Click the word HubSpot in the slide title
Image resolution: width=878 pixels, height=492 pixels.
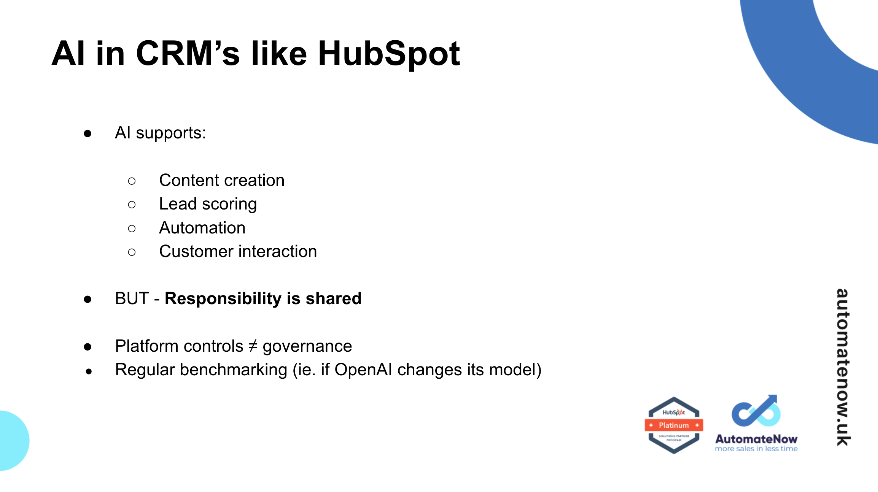coord(389,54)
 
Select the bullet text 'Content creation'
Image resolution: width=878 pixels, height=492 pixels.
coord(222,180)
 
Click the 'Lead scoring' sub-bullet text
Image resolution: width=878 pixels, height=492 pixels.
coord(208,204)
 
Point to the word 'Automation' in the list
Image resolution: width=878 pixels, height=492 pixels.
coord(202,228)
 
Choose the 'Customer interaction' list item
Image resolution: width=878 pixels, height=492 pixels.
coord(238,252)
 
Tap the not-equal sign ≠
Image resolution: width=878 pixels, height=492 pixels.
coord(253,346)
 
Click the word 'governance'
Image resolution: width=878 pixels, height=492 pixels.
coord(307,346)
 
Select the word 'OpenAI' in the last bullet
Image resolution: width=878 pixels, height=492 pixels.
coord(363,370)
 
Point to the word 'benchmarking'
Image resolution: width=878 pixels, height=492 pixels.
coord(234,370)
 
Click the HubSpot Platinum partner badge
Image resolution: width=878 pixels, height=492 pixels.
coord(674,425)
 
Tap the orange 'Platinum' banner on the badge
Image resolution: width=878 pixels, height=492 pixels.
coord(674,425)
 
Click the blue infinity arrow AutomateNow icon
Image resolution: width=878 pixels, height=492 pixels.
coord(756,412)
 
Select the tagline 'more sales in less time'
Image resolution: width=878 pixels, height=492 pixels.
coord(756,449)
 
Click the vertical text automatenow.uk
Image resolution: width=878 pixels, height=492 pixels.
coord(843,367)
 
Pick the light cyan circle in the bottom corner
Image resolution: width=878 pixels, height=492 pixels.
coord(11,440)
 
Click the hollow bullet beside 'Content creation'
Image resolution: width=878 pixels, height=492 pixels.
coord(132,181)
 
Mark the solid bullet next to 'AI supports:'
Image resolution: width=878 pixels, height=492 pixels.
coord(87,133)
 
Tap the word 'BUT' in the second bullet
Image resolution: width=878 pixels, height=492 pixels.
coord(132,298)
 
